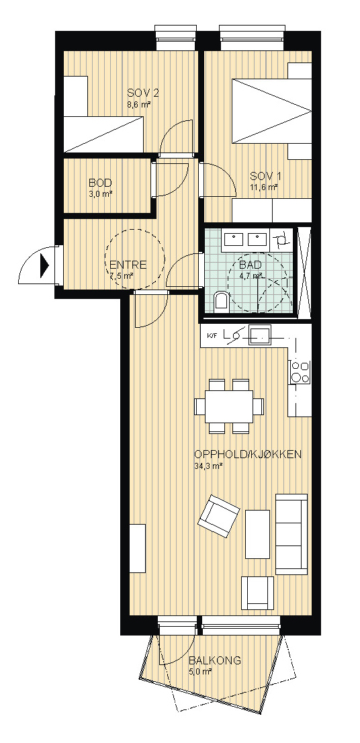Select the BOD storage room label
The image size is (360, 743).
[100, 183]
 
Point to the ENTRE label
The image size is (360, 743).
[128, 265]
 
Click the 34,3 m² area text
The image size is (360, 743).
[208, 466]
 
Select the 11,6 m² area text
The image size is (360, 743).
[264, 187]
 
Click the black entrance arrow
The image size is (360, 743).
[45, 266]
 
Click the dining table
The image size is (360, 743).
[229, 406]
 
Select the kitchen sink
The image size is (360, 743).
[259, 336]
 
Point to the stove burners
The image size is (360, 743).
[300, 371]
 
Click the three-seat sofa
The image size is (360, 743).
[291, 534]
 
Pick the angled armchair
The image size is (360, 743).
[218, 515]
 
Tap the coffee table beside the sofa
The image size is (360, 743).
[258, 533]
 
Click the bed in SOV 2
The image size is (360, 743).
[103, 134]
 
